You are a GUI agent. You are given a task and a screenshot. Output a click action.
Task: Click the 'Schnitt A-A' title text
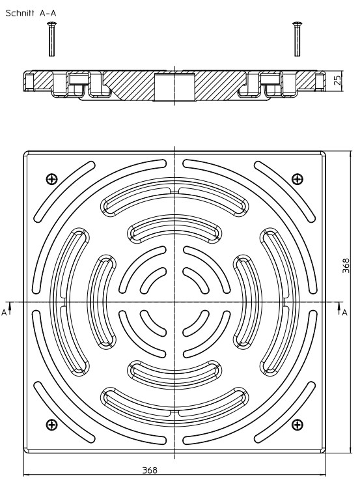point(31,13)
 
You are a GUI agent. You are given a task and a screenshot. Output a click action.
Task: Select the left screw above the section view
point(51,39)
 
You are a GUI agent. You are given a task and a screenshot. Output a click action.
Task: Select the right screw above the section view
point(297,39)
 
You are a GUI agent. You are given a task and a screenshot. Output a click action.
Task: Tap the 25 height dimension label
point(338,80)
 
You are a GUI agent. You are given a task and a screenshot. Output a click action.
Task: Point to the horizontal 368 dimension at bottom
point(149,470)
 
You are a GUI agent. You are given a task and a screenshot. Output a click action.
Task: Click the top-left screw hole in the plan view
point(51,178)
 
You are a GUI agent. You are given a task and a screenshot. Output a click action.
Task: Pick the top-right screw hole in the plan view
point(297,178)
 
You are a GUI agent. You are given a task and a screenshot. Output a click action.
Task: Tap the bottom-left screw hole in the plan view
point(51,425)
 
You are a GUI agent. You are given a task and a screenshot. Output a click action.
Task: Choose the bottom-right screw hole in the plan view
point(297,425)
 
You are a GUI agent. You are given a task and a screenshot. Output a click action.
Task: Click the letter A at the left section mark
point(4,313)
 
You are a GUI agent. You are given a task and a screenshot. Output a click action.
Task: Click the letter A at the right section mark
point(344,313)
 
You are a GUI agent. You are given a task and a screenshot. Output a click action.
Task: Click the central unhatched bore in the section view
point(174,87)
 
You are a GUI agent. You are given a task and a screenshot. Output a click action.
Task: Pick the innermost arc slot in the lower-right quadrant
point(197,324)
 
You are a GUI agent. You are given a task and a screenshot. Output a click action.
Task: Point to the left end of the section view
point(25,81)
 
